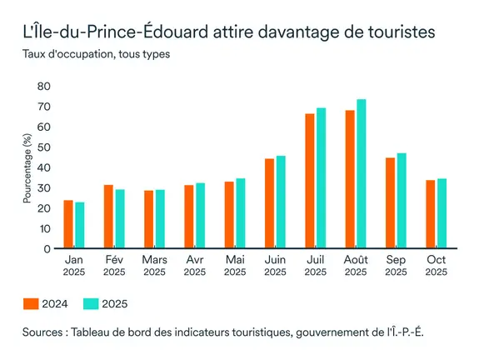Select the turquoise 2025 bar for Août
tap(361, 174)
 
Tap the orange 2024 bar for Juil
tap(310, 181)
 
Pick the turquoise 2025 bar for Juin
tap(281, 202)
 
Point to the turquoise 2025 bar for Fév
tap(120, 219)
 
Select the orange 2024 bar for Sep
tap(391, 203)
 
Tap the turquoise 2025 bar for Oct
tap(442, 213)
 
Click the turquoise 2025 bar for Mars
tap(160, 219)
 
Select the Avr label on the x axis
tap(194, 260)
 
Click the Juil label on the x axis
tap(315, 260)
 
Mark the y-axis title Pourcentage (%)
tap(27, 167)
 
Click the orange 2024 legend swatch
tap(31, 303)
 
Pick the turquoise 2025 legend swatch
tap(90, 303)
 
